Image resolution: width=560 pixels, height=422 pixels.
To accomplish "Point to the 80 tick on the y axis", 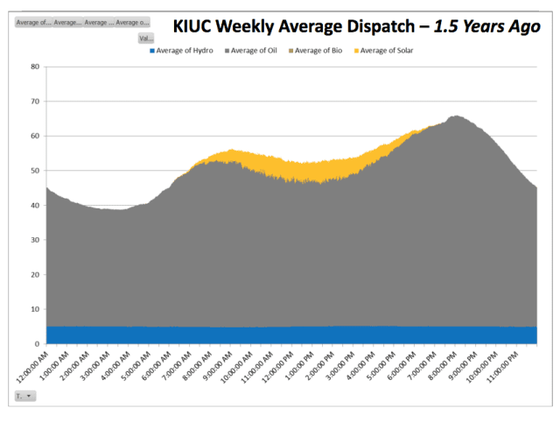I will (34, 67).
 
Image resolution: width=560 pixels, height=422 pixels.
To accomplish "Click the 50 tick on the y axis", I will (34, 171).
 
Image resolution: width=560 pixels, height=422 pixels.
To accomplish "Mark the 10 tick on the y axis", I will (34, 309).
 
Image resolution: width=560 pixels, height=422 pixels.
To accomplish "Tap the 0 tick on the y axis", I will (36, 344).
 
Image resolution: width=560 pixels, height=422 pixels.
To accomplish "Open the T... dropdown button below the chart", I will (23, 397).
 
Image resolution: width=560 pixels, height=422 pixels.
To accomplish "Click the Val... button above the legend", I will (145, 39).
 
